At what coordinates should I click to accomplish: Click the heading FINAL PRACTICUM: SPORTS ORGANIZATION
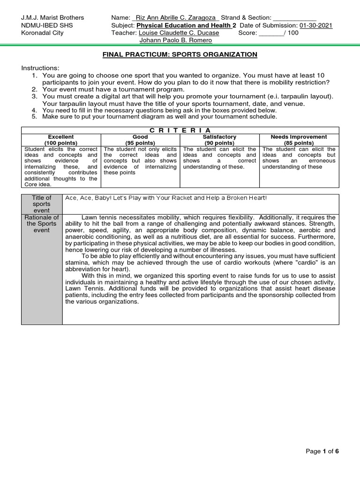pyautogui.click(x=180, y=54)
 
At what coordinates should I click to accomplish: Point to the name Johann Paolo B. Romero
pyautogui.click(x=180, y=40)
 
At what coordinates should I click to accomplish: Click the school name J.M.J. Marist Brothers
pyautogui.click(x=52, y=18)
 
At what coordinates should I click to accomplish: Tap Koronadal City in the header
pyautogui.click(x=42, y=33)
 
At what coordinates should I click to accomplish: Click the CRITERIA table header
pyautogui.click(x=180, y=130)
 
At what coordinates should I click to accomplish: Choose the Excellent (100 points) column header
pyautogui.click(x=61, y=140)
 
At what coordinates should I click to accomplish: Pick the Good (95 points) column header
pyautogui.click(x=140, y=140)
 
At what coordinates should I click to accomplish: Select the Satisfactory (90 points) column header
pyautogui.click(x=219, y=140)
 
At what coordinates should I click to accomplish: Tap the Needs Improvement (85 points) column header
pyautogui.click(x=299, y=140)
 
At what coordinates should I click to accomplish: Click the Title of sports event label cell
pyautogui.click(x=42, y=204)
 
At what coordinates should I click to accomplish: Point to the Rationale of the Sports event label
pyautogui.click(x=42, y=224)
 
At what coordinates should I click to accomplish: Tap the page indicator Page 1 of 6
pyautogui.click(x=322, y=451)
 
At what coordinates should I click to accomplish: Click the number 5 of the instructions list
pyautogui.click(x=34, y=117)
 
